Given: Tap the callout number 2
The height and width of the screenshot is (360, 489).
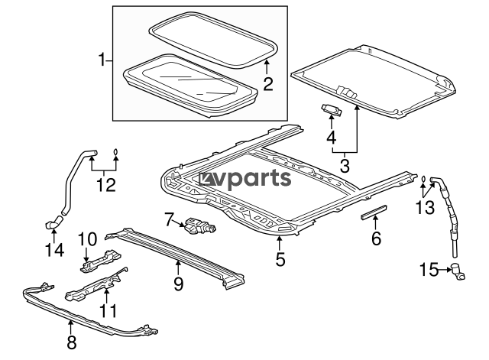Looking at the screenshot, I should point(268,83).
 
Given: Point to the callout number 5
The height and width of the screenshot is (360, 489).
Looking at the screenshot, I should point(280,260).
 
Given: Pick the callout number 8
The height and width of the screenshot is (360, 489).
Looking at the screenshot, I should point(71,342).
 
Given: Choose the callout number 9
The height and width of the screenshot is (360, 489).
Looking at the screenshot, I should point(178,284).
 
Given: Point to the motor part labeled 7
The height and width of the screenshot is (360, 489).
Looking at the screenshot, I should point(200,226).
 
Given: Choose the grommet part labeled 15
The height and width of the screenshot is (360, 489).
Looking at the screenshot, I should point(459,270).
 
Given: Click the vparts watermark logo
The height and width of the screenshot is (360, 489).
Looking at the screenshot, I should point(246,179).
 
